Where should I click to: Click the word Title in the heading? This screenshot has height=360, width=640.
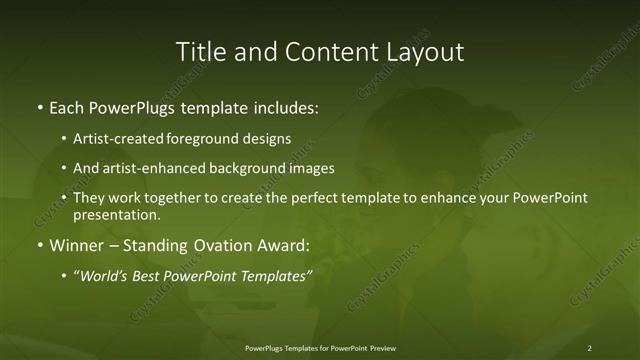pos(198,52)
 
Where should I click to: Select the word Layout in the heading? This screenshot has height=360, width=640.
pos(424,52)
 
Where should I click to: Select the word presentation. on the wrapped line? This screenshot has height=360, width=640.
pos(117,214)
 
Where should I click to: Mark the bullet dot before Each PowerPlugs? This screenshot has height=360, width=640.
pos(39,107)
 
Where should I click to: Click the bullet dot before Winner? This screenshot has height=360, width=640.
pos(39,244)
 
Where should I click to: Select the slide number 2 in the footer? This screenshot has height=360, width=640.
pos(590,348)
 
